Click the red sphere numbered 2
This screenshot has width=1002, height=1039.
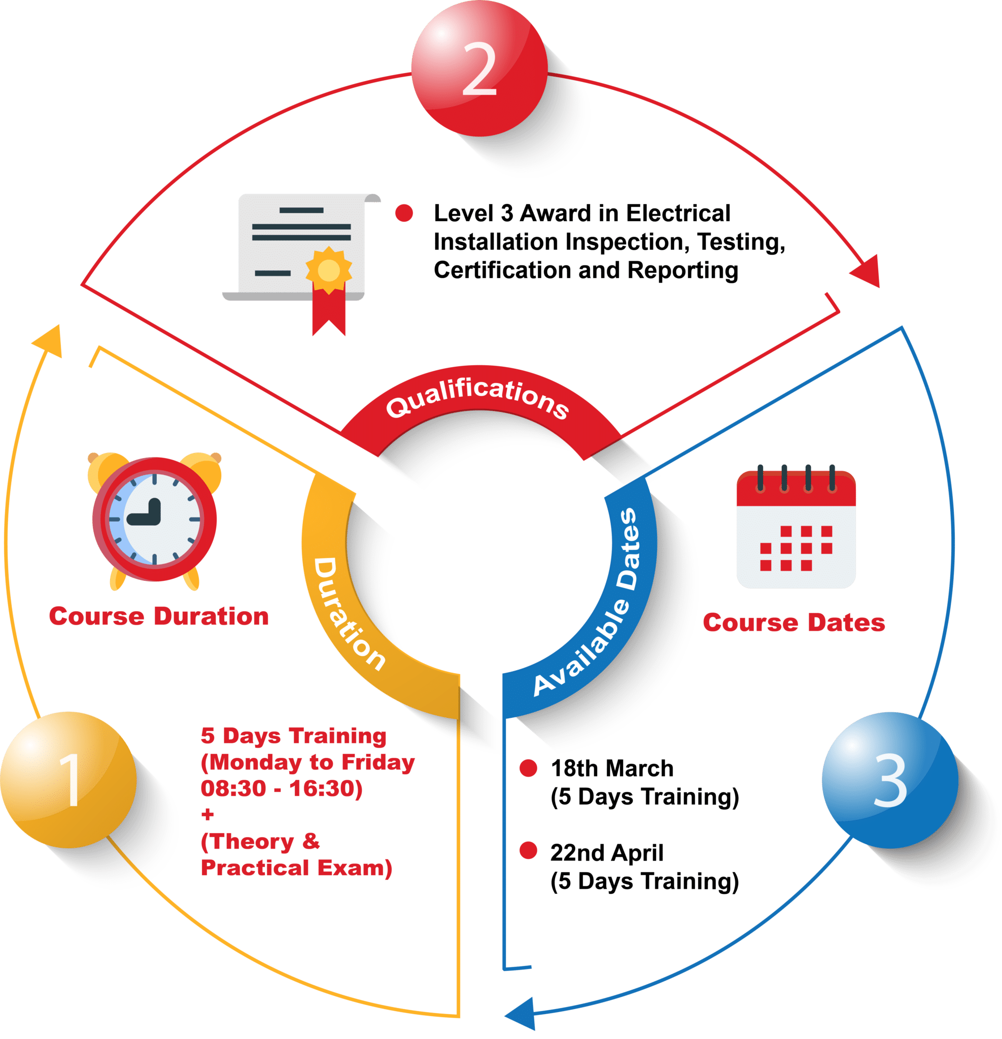(480, 69)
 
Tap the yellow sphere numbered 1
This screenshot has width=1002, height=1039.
(68, 779)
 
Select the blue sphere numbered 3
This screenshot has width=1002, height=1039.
(889, 780)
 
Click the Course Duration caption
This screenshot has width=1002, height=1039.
(158, 616)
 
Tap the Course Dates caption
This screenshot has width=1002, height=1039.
(793, 622)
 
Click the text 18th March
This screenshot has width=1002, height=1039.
(612, 768)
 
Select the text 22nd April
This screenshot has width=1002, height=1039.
(607, 853)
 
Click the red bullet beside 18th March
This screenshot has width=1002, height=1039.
(528, 768)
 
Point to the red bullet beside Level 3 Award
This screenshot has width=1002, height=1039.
(404, 213)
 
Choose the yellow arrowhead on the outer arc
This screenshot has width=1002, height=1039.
(49, 339)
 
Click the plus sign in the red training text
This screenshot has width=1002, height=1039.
(208, 815)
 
